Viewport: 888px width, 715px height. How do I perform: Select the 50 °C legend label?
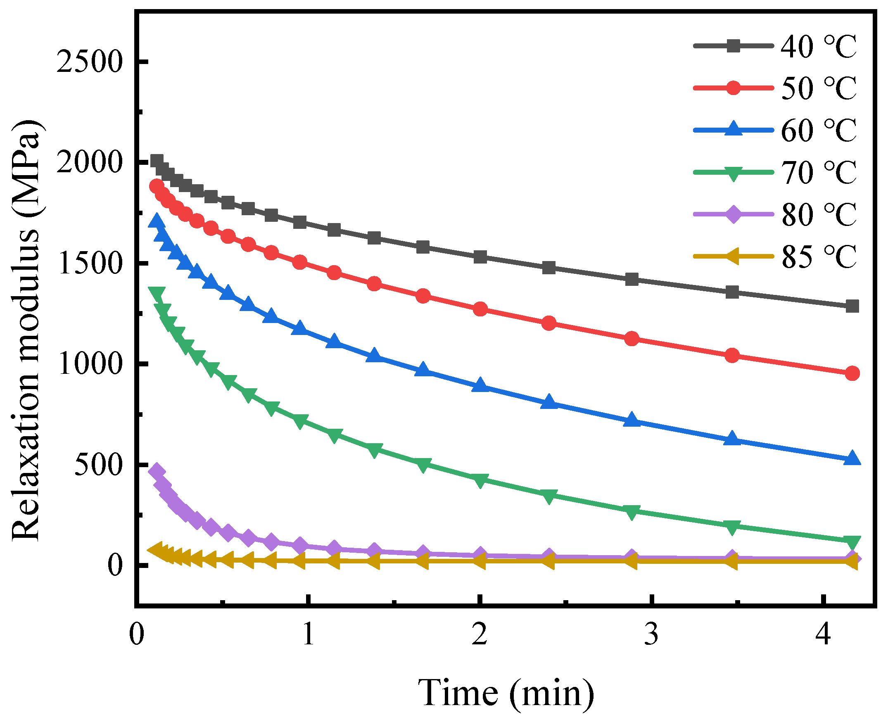818,88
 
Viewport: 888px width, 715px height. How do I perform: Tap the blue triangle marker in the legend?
733,129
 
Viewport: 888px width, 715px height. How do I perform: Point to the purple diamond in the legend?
733,214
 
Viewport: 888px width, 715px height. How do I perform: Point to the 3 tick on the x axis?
651,634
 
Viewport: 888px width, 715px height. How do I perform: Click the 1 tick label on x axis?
308,634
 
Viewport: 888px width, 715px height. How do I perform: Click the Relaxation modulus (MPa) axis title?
26,330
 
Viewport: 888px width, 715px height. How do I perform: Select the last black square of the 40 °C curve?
852,306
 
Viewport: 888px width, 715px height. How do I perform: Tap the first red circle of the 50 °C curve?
156,186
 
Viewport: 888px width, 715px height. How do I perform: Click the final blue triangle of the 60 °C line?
852,458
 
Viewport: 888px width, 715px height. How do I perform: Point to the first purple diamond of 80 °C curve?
157,471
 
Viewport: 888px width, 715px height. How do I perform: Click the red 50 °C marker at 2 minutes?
480,309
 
